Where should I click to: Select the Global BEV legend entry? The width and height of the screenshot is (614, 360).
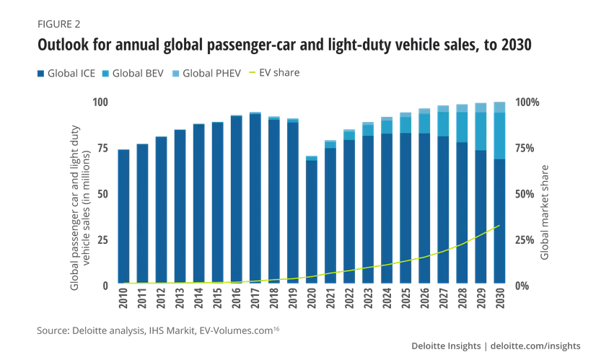pyautogui.click(x=137, y=73)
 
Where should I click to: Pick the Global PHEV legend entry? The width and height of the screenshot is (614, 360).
pyautogui.click(x=208, y=73)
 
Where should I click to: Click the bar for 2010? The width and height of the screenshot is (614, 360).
pyautogui.click(x=123, y=217)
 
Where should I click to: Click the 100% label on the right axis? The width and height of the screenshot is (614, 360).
pyautogui.click(x=527, y=102)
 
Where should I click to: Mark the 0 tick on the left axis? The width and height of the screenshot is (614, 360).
pyautogui.click(x=105, y=286)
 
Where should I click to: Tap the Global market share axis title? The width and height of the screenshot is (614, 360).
pyautogui.click(x=545, y=213)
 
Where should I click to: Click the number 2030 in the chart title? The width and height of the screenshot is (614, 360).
pyautogui.click(x=513, y=45)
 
